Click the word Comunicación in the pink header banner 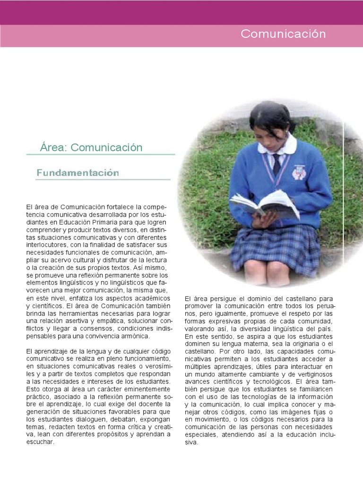pos(283,34)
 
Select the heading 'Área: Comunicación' pos(91,147)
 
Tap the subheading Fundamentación pos(78,173)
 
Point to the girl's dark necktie pos(277,164)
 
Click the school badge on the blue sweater pos(299,173)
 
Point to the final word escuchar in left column pos(40,442)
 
